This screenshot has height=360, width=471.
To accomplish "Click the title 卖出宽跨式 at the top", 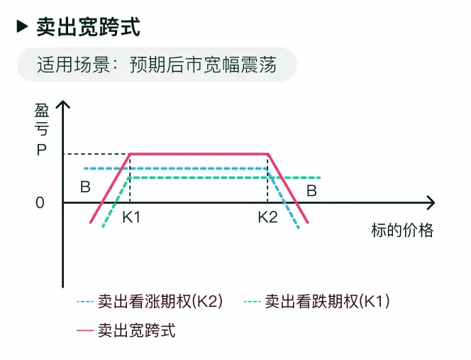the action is tap(89, 27).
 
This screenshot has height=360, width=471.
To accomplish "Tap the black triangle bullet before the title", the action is tap(23, 27).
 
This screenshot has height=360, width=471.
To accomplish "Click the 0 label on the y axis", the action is tap(40, 202).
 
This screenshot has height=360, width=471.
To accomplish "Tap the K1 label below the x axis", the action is tap(131, 217).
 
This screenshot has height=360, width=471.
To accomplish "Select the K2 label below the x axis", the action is tap(267, 217).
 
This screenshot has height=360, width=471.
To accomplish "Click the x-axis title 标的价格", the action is tap(401, 231).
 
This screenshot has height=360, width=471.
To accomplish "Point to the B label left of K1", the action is tap(85, 188).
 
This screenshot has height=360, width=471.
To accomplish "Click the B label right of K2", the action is tap(311, 190).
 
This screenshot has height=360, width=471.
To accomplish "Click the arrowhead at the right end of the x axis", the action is tap(430, 202).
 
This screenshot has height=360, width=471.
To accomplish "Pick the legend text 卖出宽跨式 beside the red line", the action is tap(136, 329).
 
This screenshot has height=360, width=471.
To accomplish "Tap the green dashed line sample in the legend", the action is tap(251, 302).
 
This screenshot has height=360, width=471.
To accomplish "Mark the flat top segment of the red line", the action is tap(199, 153).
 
